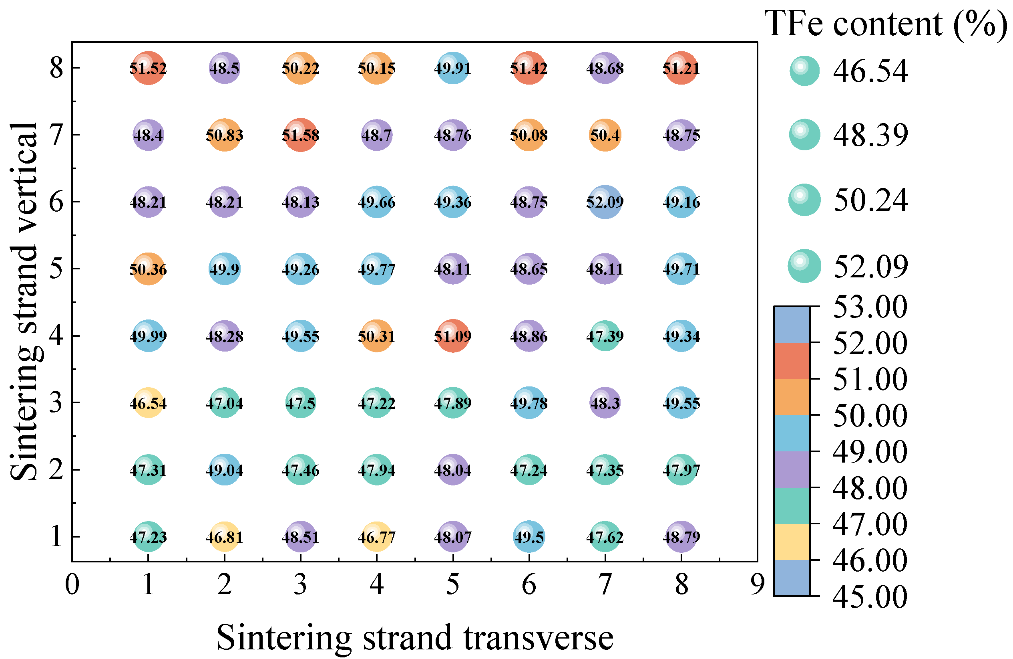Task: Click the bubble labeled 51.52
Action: click(x=148, y=68)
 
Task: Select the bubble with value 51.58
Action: click(x=300, y=135)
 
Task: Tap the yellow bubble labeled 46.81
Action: click(x=224, y=537)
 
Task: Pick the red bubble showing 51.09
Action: click(x=453, y=336)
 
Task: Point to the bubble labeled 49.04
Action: click(x=224, y=470)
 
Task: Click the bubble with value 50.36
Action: click(x=148, y=269)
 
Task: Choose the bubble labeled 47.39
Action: click(x=605, y=336)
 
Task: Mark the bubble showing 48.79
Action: click(x=681, y=537)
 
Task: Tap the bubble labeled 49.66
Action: click(x=377, y=202)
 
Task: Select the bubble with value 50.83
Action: click(x=224, y=135)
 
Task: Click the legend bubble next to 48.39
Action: click(x=804, y=135)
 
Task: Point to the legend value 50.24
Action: click(x=870, y=200)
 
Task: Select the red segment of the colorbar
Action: click(x=791, y=361)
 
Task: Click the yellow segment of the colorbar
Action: click(x=791, y=542)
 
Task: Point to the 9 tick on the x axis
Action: click(x=758, y=584)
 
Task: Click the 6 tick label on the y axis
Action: click(x=56, y=202)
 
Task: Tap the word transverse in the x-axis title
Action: click(x=538, y=638)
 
